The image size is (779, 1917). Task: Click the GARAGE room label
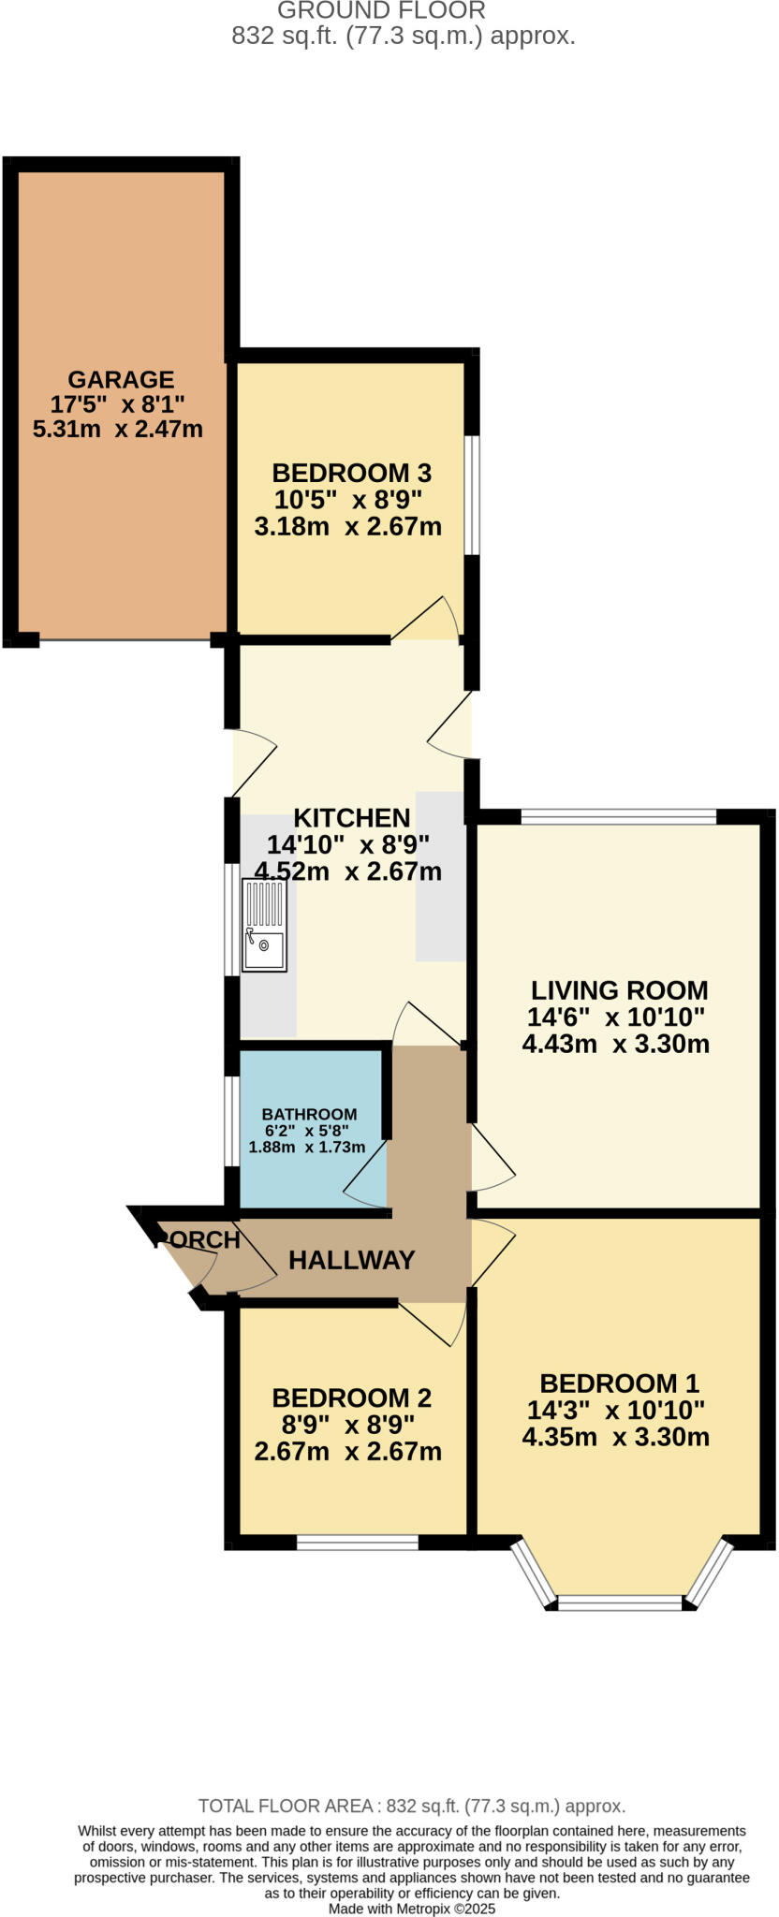(x=121, y=379)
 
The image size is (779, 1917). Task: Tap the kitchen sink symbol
(x=265, y=925)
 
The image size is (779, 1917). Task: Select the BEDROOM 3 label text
(x=351, y=473)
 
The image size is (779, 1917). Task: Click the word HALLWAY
(x=351, y=1260)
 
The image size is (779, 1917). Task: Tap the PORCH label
(x=199, y=1239)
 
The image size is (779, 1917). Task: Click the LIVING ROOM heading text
(x=619, y=990)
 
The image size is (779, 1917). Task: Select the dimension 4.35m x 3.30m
(x=615, y=1437)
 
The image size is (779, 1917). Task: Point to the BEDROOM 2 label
(x=351, y=1398)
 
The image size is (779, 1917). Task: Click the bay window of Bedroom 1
(x=619, y=1602)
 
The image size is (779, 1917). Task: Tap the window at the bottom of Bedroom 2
(x=357, y=1542)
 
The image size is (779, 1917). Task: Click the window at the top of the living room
(x=618, y=817)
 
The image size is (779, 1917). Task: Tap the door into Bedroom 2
(x=433, y=1323)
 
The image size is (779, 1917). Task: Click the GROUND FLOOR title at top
(x=381, y=11)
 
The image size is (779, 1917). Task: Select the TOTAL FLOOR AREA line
(x=411, y=1806)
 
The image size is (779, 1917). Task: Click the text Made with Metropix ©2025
(x=411, y=1909)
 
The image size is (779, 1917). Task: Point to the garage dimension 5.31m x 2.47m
(x=118, y=430)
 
